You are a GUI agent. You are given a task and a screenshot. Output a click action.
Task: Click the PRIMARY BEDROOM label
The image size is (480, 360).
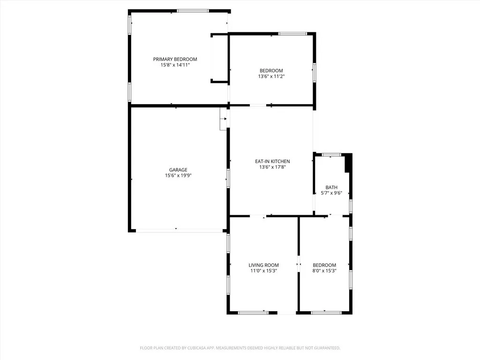click(x=175, y=59)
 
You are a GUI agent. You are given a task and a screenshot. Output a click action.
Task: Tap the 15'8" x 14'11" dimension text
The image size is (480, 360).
click(x=175, y=65)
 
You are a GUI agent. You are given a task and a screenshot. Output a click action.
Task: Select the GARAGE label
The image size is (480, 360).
click(x=178, y=170)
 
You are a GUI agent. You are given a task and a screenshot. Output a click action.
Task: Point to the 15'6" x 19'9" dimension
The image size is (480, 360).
click(x=178, y=176)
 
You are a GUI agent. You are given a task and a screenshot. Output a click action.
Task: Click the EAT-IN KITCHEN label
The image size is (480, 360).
click(x=272, y=161)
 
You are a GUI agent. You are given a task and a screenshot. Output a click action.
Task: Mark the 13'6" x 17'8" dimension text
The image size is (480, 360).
click(x=272, y=167)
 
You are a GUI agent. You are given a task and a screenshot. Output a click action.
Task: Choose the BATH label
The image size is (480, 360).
click(x=331, y=187)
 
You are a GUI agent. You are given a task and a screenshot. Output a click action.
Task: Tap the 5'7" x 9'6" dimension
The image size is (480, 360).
click(x=331, y=193)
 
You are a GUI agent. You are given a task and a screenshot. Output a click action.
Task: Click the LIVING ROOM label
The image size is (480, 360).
click(x=263, y=265)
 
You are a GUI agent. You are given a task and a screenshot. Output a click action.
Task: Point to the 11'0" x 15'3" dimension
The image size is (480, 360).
click(x=263, y=271)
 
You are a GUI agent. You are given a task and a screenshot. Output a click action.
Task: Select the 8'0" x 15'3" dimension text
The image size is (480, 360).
click(x=324, y=271)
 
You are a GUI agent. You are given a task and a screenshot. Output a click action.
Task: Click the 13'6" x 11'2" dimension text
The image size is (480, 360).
click(x=271, y=76)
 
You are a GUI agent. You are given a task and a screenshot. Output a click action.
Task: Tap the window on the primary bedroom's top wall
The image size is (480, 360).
click(x=193, y=11)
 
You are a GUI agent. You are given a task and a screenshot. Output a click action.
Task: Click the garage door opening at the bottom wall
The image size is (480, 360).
click(x=179, y=230)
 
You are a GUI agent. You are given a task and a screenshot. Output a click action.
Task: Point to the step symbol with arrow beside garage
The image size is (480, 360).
click(x=223, y=119)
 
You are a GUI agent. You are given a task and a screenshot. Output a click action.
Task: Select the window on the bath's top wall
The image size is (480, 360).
click(x=331, y=155)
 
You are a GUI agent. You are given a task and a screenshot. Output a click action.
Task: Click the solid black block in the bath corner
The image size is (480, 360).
click(x=348, y=164)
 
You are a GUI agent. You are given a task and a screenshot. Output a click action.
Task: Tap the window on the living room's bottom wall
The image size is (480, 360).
click(x=253, y=312)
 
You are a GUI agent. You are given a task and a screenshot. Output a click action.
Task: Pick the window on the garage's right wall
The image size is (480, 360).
click(x=228, y=179)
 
